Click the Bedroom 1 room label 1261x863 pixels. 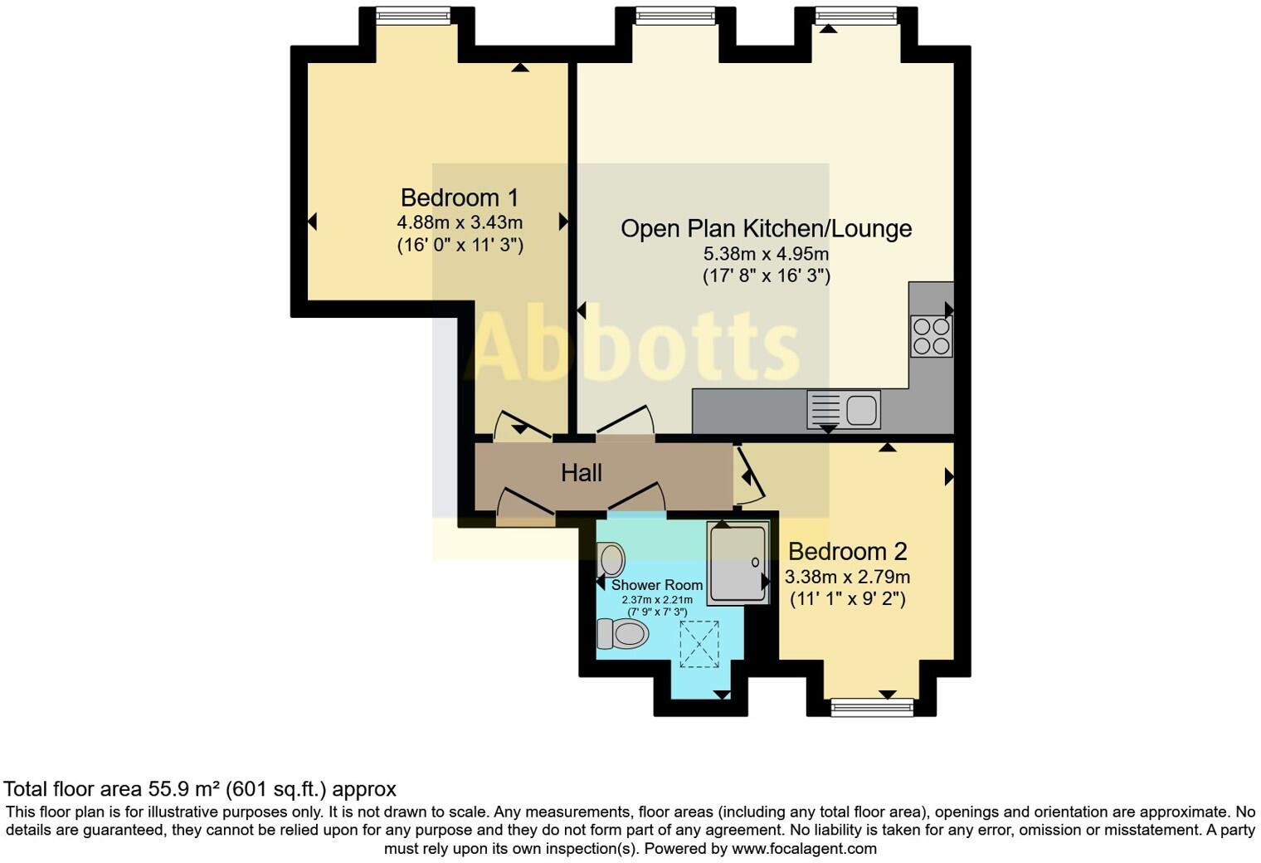point(459,197)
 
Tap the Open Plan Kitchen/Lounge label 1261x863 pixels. point(766,228)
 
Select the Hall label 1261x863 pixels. point(581,473)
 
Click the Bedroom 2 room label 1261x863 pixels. point(847,551)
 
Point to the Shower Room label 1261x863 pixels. point(656,585)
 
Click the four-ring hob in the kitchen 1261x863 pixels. point(931,336)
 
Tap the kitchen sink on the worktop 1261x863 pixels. point(844,410)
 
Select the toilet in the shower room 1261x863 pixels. point(622,634)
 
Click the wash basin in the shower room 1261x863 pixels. point(611,559)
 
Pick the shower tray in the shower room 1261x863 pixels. point(738,563)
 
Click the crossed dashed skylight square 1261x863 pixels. point(699,644)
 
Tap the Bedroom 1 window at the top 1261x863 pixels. point(412,15)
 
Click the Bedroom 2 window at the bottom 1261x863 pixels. point(871,707)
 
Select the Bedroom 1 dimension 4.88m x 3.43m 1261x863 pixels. point(459,222)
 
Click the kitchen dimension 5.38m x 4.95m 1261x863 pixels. point(766,254)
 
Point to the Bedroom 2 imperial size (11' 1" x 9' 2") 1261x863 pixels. point(847,598)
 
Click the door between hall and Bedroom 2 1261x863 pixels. point(749,477)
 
